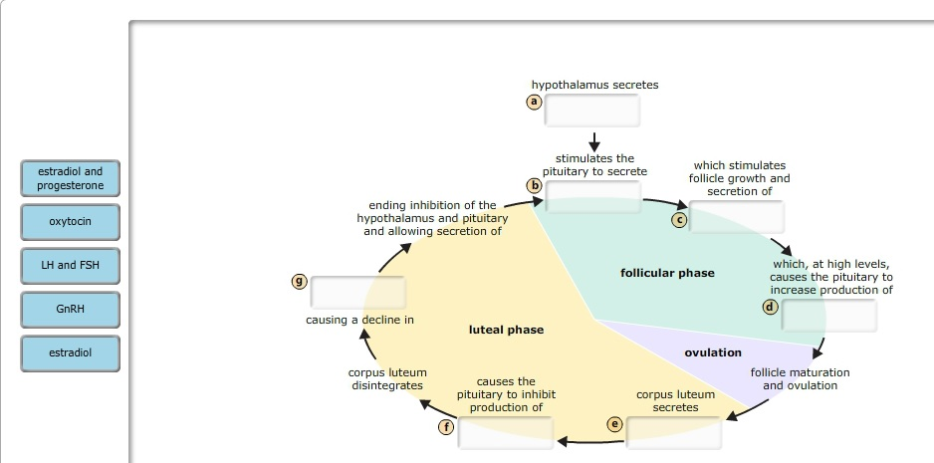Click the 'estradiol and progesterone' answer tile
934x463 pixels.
(70, 179)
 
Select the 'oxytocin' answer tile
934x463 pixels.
(70, 221)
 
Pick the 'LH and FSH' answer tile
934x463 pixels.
(70, 265)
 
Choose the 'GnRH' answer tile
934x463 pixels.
(70, 309)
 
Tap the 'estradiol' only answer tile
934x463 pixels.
(70, 352)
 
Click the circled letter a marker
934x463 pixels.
(534, 103)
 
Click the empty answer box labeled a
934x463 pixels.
(591, 112)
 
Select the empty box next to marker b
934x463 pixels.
(591, 196)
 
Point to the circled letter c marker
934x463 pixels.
(679, 219)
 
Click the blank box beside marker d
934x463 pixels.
(828, 315)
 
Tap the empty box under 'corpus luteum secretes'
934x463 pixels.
(673, 432)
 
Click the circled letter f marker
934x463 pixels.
(447, 427)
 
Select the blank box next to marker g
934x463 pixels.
(358, 292)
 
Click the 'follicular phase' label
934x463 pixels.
(667, 273)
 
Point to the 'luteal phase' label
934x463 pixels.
(506, 330)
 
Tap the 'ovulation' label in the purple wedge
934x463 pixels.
(713, 352)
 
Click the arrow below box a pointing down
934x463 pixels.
(594, 141)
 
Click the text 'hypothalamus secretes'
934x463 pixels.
(594, 86)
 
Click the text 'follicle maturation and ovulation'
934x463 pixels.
(800, 378)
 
